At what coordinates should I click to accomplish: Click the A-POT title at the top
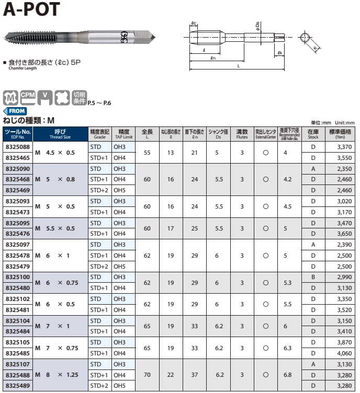pos(31,9)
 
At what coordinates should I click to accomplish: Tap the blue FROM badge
pos(15,111)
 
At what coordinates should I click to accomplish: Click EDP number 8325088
pos(18,147)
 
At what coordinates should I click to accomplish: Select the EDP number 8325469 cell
pos(18,190)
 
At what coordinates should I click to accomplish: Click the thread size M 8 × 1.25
pos(57,375)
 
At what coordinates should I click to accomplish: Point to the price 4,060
pos(344,353)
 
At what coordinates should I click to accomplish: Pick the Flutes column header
pos(242,134)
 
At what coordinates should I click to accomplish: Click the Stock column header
pos(313,134)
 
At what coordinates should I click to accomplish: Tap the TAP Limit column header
pos(123,134)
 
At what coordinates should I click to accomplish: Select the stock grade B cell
pos(313,277)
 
